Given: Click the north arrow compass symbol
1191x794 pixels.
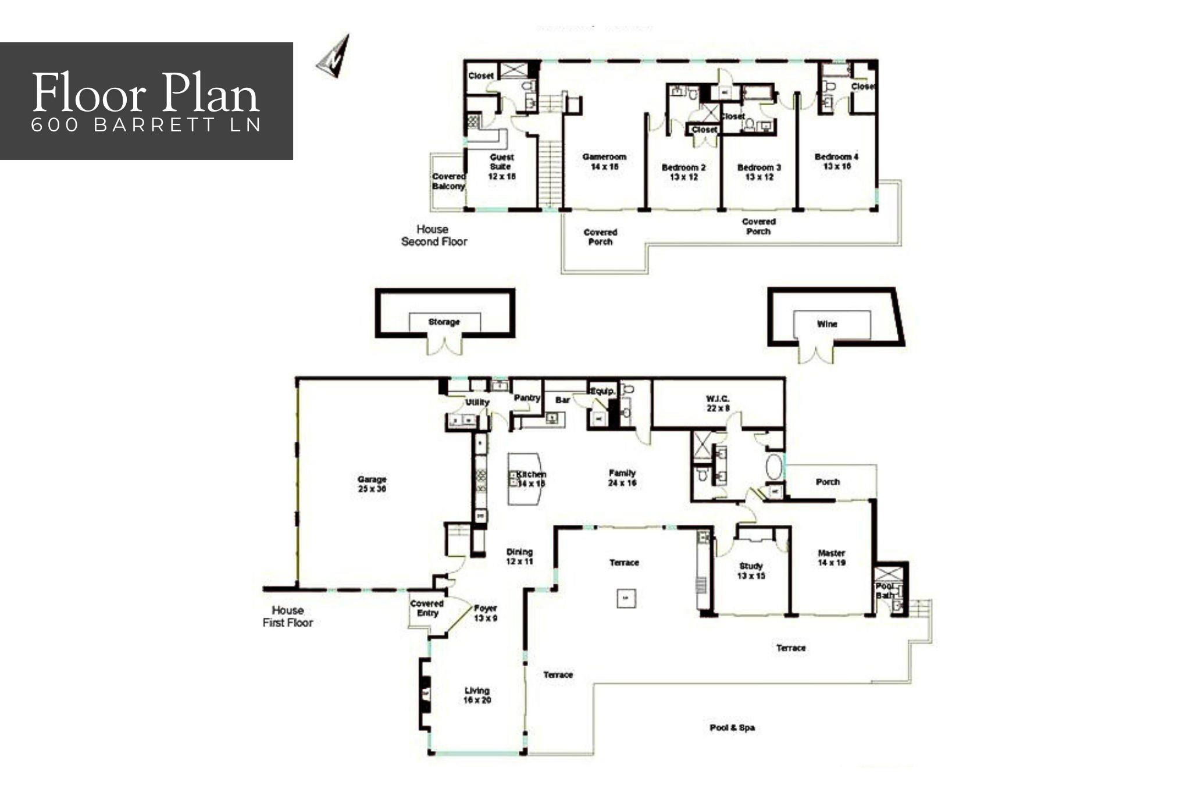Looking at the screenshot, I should pyautogui.click(x=334, y=56).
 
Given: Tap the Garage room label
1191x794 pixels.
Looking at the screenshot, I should pyautogui.click(x=372, y=484).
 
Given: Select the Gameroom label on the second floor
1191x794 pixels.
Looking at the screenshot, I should pyautogui.click(x=604, y=162).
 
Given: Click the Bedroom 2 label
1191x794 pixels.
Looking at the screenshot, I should pyautogui.click(x=683, y=172).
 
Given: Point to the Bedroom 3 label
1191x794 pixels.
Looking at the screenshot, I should pyautogui.click(x=759, y=172).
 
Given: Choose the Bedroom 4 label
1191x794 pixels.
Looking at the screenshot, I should pyautogui.click(x=836, y=162).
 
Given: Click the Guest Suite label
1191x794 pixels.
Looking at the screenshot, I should pyautogui.click(x=502, y=166).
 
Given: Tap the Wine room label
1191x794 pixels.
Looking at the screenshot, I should pyautogui.click(x=827, y=324).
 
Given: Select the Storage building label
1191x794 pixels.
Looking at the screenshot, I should pyautogui.click(x=444, y=322).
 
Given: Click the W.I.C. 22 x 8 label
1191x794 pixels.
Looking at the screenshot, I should pyautogui.click(x=718, y=403).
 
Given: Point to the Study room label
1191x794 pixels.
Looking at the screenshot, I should pyautogui.click(x=751, y=571).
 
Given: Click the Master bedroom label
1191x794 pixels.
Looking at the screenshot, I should pyautogui.click(x=831, y=558).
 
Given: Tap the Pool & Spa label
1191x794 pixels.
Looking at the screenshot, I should pyautogui.click(x=732, y=728).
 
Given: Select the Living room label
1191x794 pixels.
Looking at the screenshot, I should pyautogui.click(x=477, y=695).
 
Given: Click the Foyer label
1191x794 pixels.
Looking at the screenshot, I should pyautogui.click(x=485, y=613).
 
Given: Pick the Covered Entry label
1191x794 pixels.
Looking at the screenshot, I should pyautogui.click(x=427, y=609).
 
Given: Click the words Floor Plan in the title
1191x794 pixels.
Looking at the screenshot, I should pyautogui.click(x=145, y=93).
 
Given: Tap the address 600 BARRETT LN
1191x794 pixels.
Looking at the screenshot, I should pyautogui.click(x=145, y=126).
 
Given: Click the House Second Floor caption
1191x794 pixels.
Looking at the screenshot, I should pyautogui.click(x=434, y=235).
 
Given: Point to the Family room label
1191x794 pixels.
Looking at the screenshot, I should pyautogui.click(x=622, y=478).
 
